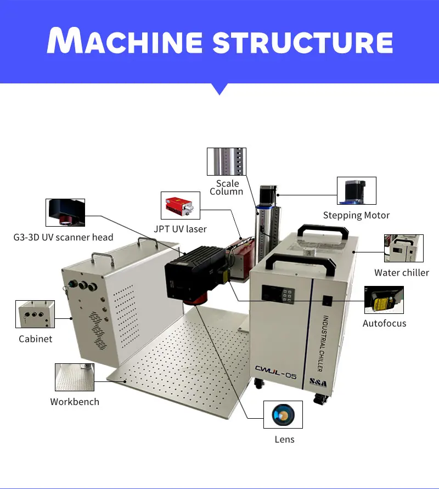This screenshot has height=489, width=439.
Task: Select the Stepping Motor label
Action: point(356,215)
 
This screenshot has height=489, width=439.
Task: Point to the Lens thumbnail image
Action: point(283,415)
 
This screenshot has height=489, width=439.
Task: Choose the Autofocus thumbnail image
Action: point(384,300)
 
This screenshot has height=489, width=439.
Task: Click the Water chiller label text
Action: point(402,272)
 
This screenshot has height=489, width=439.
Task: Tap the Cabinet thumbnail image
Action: point(35,314)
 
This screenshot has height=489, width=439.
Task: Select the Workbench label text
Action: point(75,402)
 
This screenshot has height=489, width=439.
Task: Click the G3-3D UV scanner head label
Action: point(63,237)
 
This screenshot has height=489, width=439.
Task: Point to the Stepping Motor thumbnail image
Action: point(357,190)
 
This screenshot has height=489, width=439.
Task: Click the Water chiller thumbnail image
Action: point(404,248)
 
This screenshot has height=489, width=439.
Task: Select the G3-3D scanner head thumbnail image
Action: point(65,212)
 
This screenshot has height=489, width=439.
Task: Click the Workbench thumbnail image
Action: point(75,377)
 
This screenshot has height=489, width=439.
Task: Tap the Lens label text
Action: point(284,439)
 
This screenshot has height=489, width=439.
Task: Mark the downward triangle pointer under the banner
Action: point(219,89)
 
